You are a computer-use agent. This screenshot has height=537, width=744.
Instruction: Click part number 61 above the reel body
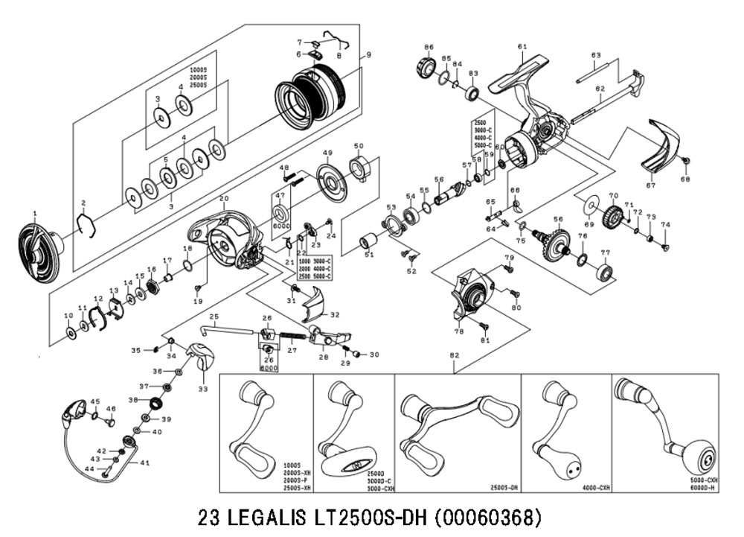[x=522, y=47]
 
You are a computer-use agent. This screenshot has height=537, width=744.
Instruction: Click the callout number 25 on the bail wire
[x=214, y=317]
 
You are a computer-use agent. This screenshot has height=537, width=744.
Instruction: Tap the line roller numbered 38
[x=155, y=403]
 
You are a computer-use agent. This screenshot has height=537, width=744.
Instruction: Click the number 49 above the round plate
[x=327, y=153]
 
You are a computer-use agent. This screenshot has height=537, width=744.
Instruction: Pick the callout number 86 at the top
[x=428, y=47]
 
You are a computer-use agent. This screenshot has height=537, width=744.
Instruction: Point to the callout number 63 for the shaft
[x=595, y=55]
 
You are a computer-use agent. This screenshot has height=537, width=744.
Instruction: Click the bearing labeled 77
[x=604, y=271]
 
